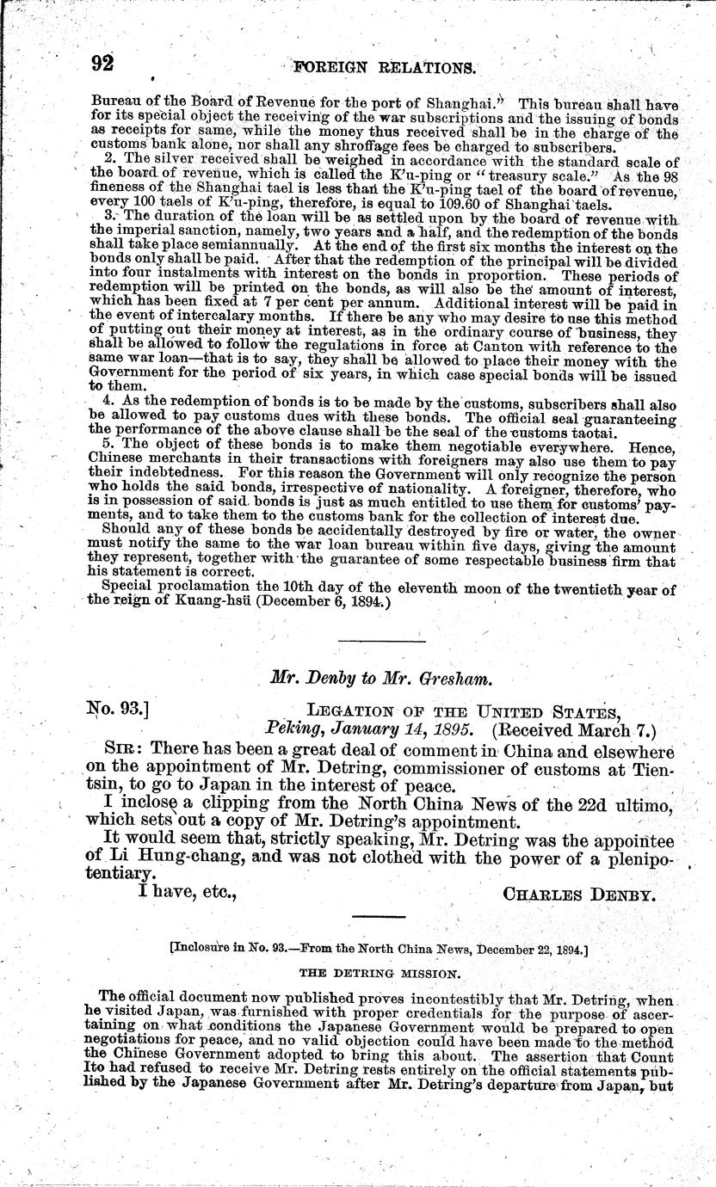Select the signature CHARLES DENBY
coord(579,894)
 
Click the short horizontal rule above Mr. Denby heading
coord(381,641)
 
